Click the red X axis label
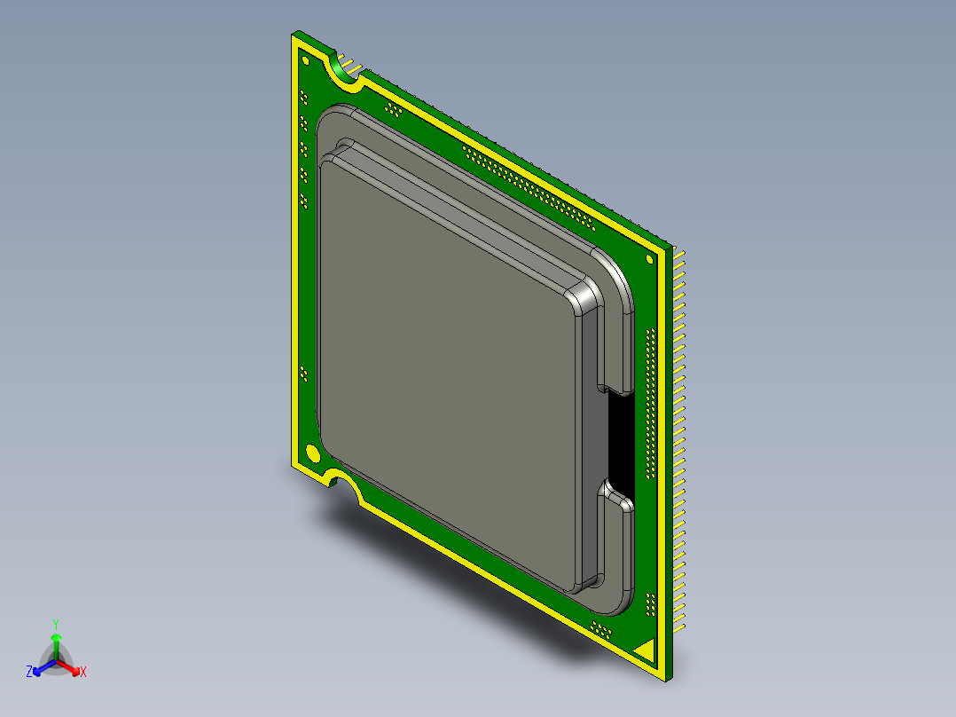tap(83, 673)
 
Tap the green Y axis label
tap(56, 624)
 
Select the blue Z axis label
tap(29, 673)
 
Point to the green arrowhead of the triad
tap(56, 638)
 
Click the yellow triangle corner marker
tap(646, 650)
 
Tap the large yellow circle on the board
tap(312, 453)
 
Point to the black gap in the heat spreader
tap(620, 441)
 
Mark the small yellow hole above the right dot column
tap(651, 260)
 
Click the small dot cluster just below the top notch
tap(391, 109)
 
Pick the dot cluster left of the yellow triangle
tap(601, 630)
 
